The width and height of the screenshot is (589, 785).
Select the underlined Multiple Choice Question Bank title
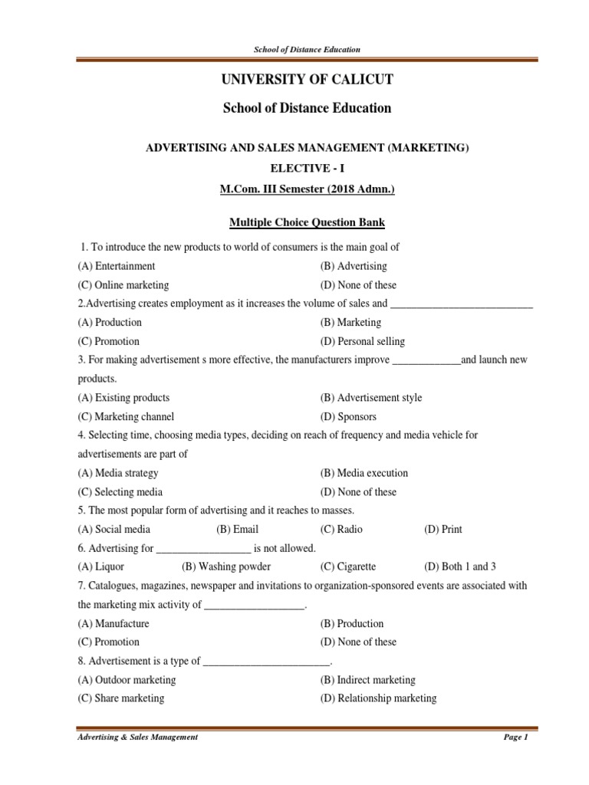[x=307, y=222]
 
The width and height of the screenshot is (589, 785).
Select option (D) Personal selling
[x=362, y=341]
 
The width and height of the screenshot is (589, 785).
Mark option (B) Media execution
[x=364, y=473]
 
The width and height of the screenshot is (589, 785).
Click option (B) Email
[x=237, y=529]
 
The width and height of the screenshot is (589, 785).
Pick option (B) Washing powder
[x=225, y=567]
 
